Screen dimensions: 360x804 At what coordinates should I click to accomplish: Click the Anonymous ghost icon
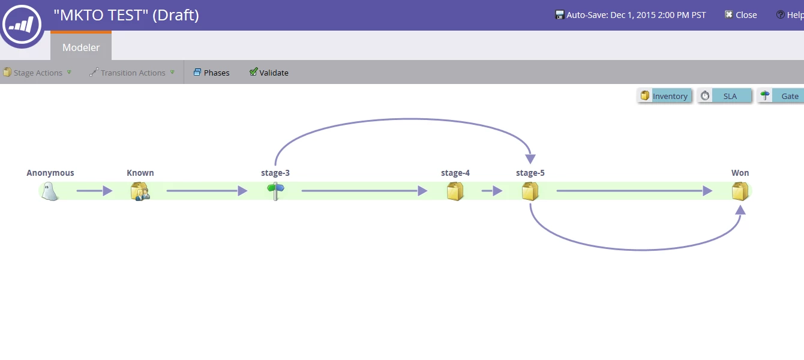pyautogui.click(x=50, y=191)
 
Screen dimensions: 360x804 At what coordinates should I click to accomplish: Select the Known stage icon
pyautogui.click(x=140, y=191)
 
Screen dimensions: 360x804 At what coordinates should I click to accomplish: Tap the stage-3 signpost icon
pyautogui.click(x=275, y=191)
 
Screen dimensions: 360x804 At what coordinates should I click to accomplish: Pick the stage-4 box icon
pyautogui.click(x=455, y=191)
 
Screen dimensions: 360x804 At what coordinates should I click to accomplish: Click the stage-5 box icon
pyautogui.click(x=530, y=191)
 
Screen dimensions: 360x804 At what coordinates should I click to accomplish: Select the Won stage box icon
pyautogui.click(x=740, y=191)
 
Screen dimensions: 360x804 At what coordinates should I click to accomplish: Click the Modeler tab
pyautogui.click(x=81, y=47)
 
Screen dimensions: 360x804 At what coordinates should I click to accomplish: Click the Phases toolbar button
pyautogui.click(x=211, y=73)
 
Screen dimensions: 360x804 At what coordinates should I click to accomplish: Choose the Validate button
pyautogui.click(x=269, y=73)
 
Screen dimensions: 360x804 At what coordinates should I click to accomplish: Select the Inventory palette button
pyautogui.click(x=664, y=96)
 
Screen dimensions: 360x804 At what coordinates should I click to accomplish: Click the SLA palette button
pyautogui.click(x=725, y=96)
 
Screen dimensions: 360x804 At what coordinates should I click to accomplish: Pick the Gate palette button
pyautogui.click(x=782, y=96)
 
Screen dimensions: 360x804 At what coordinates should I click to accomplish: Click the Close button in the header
pyautogui.click(x=741, y=15)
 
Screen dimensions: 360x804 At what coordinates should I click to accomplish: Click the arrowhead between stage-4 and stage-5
pyautogui.click(x=497, y=191)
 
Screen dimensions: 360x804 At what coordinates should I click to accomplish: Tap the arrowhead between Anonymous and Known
pyautogui.click(x=107, y=191)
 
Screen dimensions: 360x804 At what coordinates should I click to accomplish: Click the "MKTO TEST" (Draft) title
pyautogui.click(x=126, y=15)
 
